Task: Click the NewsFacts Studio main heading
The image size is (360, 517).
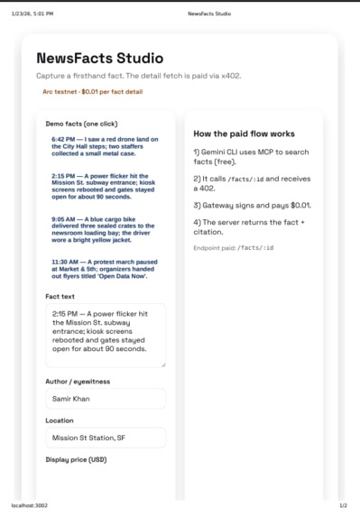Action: coord(99,59)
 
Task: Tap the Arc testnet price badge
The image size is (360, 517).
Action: coord(92,91)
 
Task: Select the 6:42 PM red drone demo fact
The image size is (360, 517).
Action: coord(105,149)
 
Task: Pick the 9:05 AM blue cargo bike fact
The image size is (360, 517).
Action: coord(105,230)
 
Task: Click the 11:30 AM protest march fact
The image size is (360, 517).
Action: coord(105,268)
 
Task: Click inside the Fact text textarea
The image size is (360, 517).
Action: coord(105,335)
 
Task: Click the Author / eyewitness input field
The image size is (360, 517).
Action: coord(105,398)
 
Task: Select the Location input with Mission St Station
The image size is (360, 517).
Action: coord(105,438)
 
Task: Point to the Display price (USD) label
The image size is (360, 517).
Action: coord(76,459)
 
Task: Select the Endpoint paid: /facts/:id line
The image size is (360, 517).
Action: coord(233,247)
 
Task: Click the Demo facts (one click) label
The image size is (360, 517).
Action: coord(81,123)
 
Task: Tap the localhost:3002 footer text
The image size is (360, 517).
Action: coord(29,505)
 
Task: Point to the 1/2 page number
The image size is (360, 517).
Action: coord(343,505)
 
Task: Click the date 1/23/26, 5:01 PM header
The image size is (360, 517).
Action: coord(32,14)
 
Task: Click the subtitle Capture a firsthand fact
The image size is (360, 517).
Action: coord(138,76)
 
